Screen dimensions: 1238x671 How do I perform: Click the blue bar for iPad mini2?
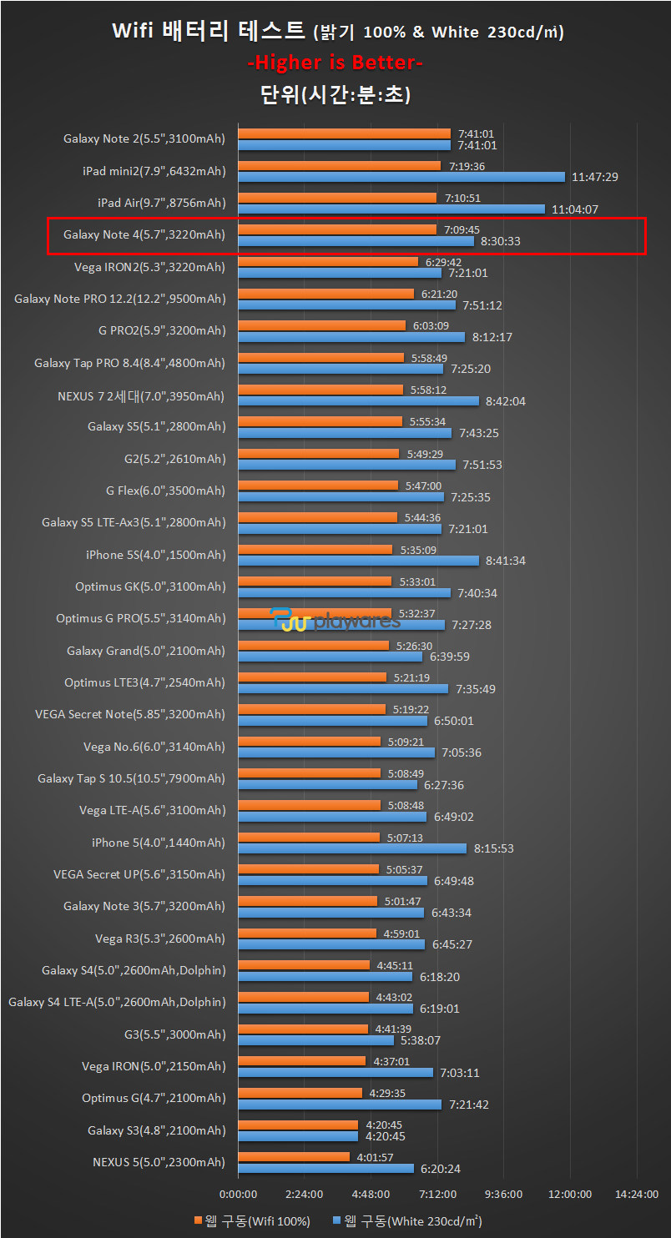(x=401, y=177)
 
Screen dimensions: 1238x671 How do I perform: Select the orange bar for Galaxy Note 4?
(x=337, y=229)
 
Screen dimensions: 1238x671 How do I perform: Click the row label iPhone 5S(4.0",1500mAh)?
(x=155, y=555)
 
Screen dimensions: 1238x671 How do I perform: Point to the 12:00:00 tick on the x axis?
(x=571, y=1194)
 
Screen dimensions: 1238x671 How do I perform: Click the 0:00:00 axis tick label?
(x=238, y=1194)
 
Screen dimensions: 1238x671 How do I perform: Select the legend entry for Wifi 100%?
(x=252, y=1221)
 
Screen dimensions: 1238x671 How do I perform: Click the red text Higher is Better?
(x=335, y=63)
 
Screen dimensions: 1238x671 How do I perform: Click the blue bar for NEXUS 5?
(x=325, y=1168)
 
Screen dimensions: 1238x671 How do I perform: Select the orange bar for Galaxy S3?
(x=298, y=1125)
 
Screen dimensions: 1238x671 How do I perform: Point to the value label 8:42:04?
(x=504, y=401)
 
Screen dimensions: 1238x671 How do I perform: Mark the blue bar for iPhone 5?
(x=352, y=848)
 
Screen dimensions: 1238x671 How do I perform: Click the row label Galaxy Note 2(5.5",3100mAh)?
(x=144, y=139)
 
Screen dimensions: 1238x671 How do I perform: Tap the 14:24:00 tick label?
(x=637, y=1194)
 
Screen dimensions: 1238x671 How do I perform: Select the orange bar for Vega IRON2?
(x=328, y=262)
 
